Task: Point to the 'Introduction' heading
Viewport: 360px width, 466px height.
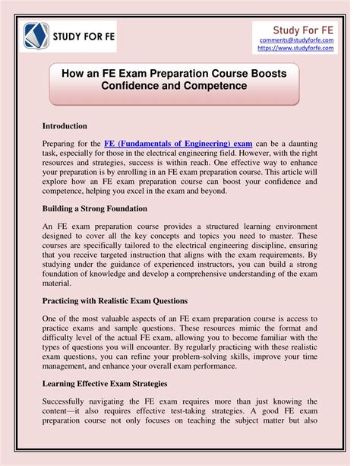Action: [65, 125]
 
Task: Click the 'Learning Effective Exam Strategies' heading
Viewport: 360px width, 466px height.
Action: [107, 383]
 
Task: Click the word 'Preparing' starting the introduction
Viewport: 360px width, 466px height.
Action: [62, 143]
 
